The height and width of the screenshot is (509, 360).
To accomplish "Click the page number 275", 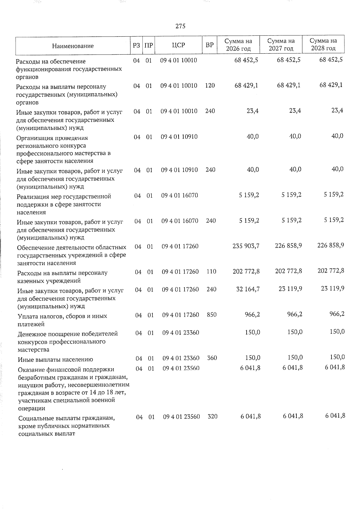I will tap(180, 26).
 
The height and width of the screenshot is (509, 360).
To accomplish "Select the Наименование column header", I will tap(73, 46).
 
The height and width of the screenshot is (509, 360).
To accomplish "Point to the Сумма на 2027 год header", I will tap(281, 45).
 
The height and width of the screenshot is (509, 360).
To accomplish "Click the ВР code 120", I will tap(210, 85).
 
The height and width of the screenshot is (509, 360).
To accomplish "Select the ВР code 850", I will tap(211, 315).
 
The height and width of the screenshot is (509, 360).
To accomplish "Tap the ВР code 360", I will tap(212, 358).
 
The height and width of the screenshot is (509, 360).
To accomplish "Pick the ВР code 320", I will tap(212, 417).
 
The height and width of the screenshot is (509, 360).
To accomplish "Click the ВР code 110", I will tap(211, 272).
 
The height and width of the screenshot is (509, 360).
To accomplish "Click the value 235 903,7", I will tap(246, 246).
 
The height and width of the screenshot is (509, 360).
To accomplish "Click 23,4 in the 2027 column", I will tap(295, 111).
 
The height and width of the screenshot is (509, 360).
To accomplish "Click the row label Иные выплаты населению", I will tap(55, 360).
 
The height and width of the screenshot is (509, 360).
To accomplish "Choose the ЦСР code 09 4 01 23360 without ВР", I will tap(181, 333).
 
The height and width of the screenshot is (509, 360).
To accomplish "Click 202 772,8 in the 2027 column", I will tap(288, 271).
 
